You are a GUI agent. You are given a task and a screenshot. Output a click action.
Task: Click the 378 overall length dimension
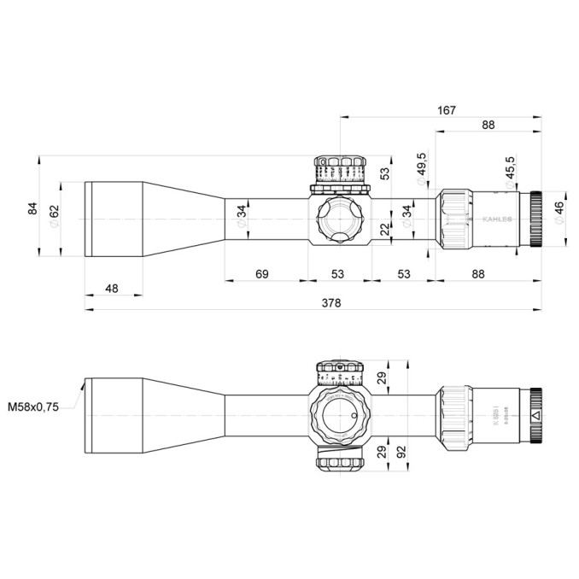pos(331,303)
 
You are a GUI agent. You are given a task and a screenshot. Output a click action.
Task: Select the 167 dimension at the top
pos(445,109)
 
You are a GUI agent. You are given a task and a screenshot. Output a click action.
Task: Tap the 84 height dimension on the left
pos(33,208)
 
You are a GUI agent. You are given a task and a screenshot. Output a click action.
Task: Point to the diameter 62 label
pos(54,215)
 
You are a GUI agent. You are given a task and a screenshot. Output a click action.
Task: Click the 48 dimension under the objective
pos(112,289)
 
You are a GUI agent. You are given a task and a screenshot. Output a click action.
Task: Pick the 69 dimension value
pos(262,273)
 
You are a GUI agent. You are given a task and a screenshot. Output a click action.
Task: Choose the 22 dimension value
pos(384,229)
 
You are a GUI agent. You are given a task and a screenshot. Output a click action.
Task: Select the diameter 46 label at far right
pos(559,212)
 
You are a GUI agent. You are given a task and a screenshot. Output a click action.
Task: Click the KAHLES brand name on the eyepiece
pos(499,219)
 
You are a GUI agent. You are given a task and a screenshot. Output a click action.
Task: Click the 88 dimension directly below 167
pos(488,125)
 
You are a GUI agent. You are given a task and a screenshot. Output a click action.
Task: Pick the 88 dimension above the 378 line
pos(477,273)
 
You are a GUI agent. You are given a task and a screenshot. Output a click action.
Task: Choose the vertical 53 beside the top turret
pos(384,173)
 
